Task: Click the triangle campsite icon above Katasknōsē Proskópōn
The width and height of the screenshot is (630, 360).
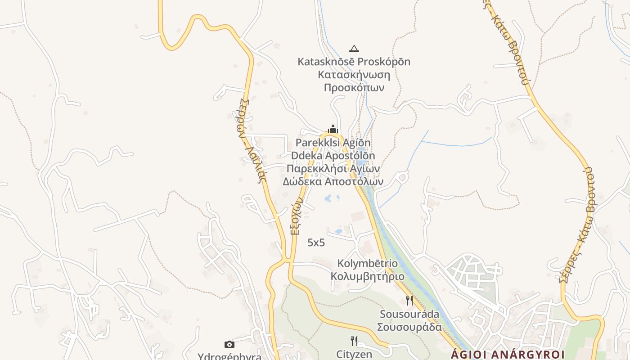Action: coord(354,49)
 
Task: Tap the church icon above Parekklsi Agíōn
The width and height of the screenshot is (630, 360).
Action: coord(333,130)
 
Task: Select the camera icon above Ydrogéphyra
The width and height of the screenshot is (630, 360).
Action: coord(229,344)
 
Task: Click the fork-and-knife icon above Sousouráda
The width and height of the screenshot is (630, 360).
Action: coord(409,300)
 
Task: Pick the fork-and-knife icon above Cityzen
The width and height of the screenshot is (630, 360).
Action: coord(354,341)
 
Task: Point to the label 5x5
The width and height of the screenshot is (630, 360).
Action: coord(316,243)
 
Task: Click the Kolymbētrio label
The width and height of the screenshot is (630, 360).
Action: coord(368,263)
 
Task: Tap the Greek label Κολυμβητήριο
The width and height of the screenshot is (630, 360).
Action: coord(368,276)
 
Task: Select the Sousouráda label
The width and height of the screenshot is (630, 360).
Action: coord(409,314)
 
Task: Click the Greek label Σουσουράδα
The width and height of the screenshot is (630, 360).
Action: coord(409,327)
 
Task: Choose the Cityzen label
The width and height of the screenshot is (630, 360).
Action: coord(354,354)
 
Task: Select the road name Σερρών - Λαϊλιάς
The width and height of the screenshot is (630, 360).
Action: coord(253,139)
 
